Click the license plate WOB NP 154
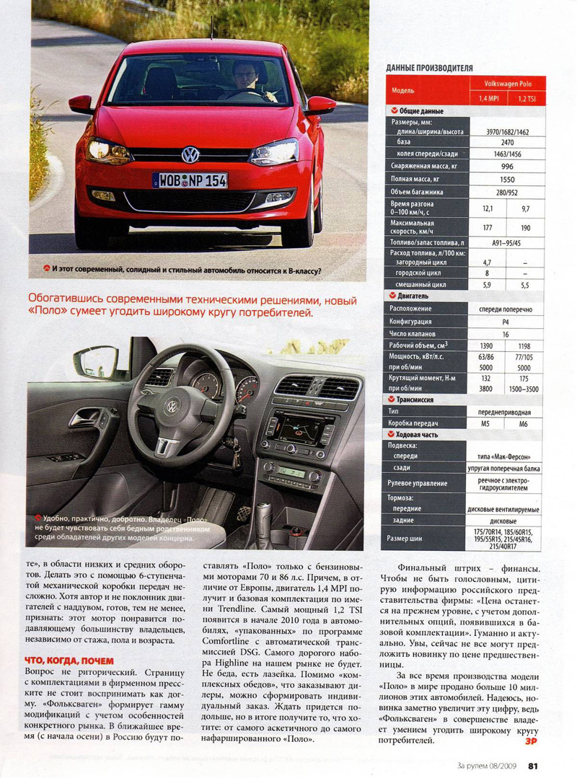[x=190, y=180]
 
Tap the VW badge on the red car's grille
[x=190, y=154]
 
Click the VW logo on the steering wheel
[x=173, y=407]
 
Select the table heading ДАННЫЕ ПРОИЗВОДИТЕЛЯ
[x=429, y=68]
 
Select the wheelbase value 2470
[x=508, y=143]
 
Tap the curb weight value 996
[x=508, y=165]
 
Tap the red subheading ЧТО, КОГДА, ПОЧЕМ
[x=69, y=660]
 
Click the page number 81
[x=533, y=766]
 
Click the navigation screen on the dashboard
[x=297, y=430]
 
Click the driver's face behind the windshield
[x=244, y=72]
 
